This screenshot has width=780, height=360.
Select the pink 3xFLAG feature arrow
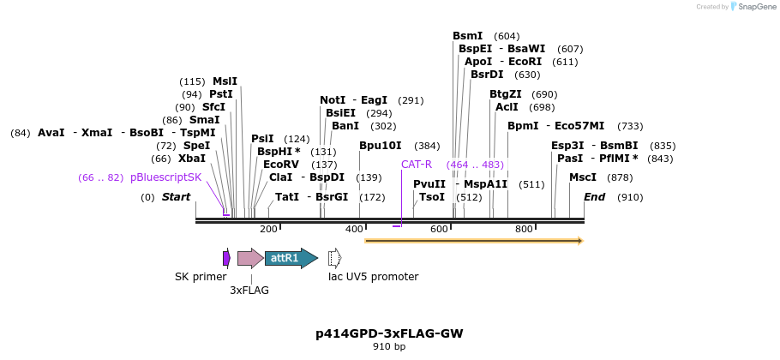250,258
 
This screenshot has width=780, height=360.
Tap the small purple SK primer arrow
226,258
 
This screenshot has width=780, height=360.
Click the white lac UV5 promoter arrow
334,257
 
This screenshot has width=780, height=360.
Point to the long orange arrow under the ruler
473,241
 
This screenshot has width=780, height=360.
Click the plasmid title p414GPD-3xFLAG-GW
389,333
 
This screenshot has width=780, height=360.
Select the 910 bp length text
389,347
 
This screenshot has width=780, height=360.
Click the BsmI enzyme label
468,36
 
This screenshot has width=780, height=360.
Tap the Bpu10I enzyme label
381,146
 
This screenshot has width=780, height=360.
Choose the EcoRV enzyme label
281,164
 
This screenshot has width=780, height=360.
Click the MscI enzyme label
583,177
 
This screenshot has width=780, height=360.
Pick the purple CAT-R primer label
417,164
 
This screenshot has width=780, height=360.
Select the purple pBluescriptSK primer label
166,177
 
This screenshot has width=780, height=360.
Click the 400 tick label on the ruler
354,229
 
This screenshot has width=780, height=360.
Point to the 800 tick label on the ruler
524,229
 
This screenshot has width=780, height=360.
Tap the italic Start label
176,197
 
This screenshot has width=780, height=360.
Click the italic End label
595,197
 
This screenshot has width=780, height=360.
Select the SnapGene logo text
753,7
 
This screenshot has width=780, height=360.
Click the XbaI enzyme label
192,159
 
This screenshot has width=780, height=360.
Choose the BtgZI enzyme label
506,94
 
